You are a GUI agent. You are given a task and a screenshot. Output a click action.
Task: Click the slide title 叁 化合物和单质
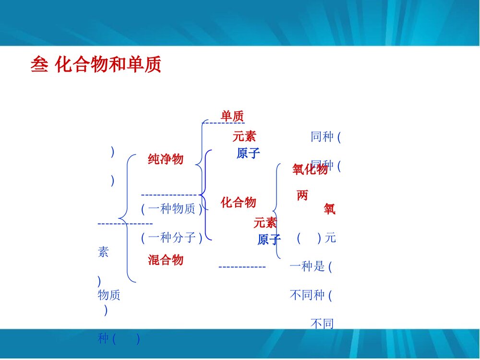pos(96,65)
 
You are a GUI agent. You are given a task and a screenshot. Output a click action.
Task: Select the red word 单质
pos(232,116)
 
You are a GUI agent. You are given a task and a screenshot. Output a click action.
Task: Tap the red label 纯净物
pos(166,159)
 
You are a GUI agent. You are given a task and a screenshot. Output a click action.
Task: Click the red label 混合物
pos(166,260)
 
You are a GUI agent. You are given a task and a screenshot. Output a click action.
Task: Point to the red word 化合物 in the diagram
pos(239,203)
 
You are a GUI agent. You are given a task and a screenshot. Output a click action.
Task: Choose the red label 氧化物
pos(310,169)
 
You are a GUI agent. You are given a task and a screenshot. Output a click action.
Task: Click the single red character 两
pos(302,195)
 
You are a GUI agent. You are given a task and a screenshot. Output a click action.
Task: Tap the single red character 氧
pos(329,209)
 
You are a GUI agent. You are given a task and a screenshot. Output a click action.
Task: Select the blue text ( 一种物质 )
pos(172,209)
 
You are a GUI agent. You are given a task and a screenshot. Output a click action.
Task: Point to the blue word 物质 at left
pos(109,295)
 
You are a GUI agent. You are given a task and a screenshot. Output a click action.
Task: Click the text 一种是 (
pos(311,266)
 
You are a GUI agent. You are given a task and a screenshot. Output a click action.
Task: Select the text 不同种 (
pos(311,295)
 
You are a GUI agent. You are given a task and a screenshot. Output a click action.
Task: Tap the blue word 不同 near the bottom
pos(322,324)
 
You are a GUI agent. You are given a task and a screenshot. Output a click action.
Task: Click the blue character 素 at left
pos(103,252)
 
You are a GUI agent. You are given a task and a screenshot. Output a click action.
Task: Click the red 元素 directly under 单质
pos(244,136)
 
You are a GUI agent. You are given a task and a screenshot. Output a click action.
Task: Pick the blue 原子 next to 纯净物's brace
pos(248,154)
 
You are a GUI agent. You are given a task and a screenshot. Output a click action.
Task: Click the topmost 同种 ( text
pos(325,137)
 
